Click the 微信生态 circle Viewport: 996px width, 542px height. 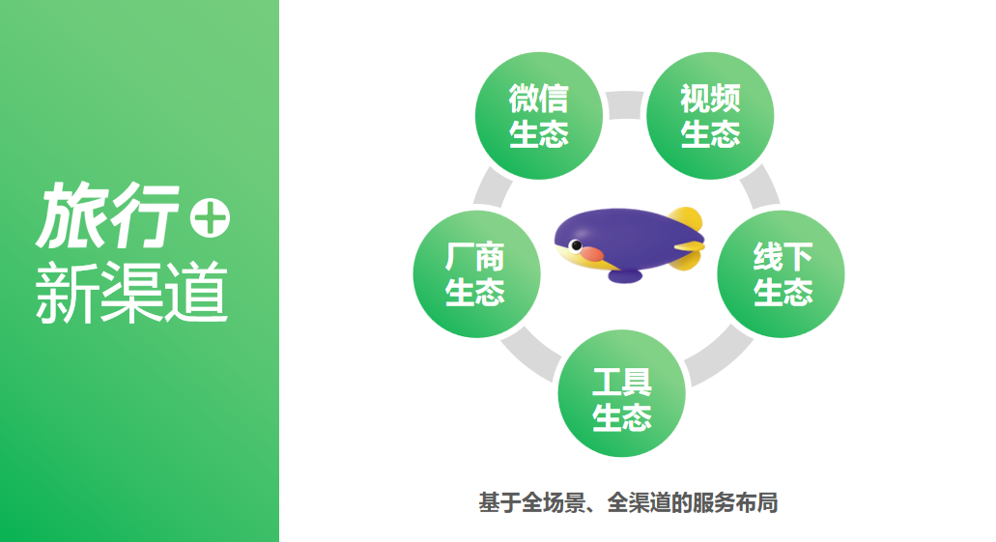(539, 116)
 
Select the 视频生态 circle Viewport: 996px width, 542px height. (710, 116)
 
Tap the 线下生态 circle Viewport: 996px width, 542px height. (781, 273)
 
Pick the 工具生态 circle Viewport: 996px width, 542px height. (622, 393)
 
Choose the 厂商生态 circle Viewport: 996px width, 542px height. (476, 273)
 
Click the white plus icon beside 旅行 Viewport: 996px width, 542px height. (211, 218)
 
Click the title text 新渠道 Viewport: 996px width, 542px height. (131, 293)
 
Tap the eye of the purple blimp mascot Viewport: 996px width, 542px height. (576, 245)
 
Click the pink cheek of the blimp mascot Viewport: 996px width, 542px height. (591, 254)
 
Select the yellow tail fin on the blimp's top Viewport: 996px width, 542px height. (687, 219)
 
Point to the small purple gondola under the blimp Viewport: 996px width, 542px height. (625, 275)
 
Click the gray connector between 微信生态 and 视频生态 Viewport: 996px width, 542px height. (625, 105)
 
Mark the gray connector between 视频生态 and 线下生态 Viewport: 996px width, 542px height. (760, 186)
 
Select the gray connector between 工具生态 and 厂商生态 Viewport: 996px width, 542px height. (529, 354)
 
